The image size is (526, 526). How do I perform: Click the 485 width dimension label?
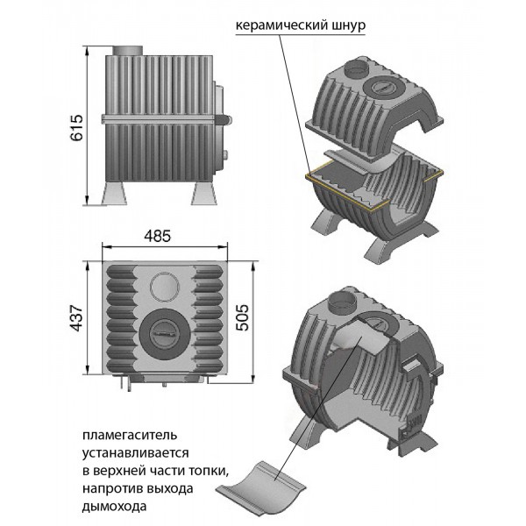point(160,236)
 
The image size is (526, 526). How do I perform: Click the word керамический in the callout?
point(278,25)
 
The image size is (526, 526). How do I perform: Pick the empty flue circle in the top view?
point(160,285)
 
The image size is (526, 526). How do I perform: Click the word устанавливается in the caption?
point(132,452)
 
